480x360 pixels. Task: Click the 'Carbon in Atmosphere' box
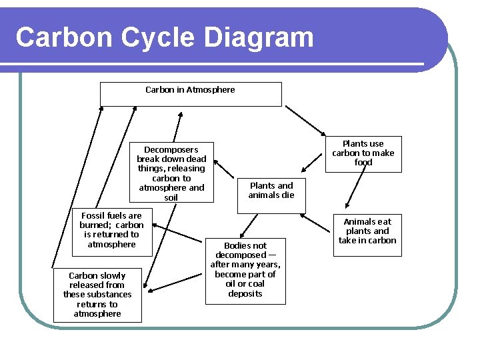[x=191, y=94]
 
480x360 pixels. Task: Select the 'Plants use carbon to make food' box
[x=363, y=153]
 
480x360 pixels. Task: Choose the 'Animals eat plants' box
[x=367, y=231]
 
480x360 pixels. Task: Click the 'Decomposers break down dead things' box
[x=171, y=173]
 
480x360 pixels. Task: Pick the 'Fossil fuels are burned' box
[x=111, y=231]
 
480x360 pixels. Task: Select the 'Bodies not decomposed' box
[x=245, y=270]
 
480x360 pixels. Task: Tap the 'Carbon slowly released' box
[x=97, y=295]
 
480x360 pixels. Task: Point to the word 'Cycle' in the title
[x=157, y=37]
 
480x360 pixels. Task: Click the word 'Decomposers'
[x=171, y=149]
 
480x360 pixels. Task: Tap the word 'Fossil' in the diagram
[x=94, y=215]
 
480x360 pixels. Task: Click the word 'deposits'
[x=245, y=293]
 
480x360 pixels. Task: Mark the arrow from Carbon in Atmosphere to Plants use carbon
[x=304, y=121]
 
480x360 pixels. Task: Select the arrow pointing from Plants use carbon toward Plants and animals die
[x=312, y=161]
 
